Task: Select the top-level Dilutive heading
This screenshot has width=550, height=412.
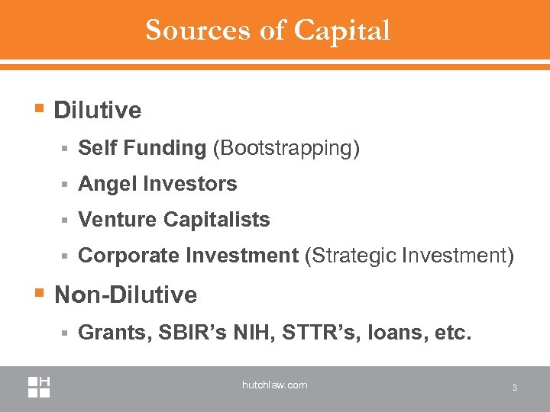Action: coord(98,111)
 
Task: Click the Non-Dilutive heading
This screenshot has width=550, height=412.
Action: coord(126,295)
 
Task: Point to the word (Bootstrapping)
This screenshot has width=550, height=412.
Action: coord(286,148)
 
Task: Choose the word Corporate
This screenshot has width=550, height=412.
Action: coord(128,256)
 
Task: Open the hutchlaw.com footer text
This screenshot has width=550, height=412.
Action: coord(274,385)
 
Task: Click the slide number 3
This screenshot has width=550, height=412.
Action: coord(515,388)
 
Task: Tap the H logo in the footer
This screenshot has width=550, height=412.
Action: coord(39,386)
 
